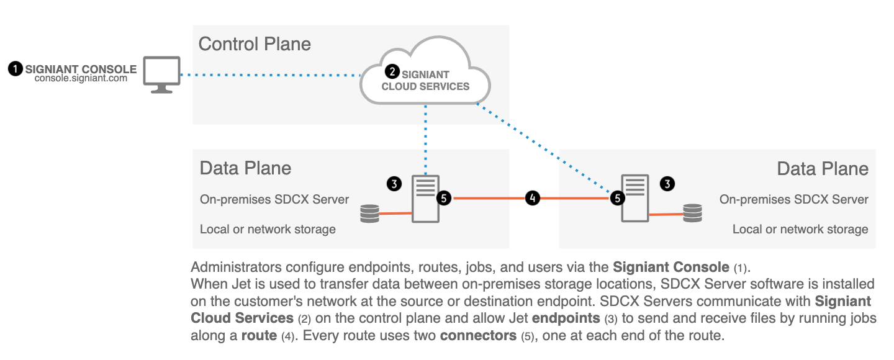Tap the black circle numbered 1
pos(15,69)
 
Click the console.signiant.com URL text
pos(81,79)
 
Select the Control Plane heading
pos(255,44)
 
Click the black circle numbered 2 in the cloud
pos(392,71)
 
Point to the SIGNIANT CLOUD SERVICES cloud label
pos(426,81)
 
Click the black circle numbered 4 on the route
pos(532,198)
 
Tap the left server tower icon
pos(425,198)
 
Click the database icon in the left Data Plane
pos(369,214)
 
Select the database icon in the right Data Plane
pos(692,214)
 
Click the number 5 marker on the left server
pos(443,198)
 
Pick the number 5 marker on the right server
pos(617,198)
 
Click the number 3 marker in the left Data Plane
pos(394,183)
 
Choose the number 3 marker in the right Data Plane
pos(667,183)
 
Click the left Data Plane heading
pos(245,168)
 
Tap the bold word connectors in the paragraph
pos(479,336)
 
